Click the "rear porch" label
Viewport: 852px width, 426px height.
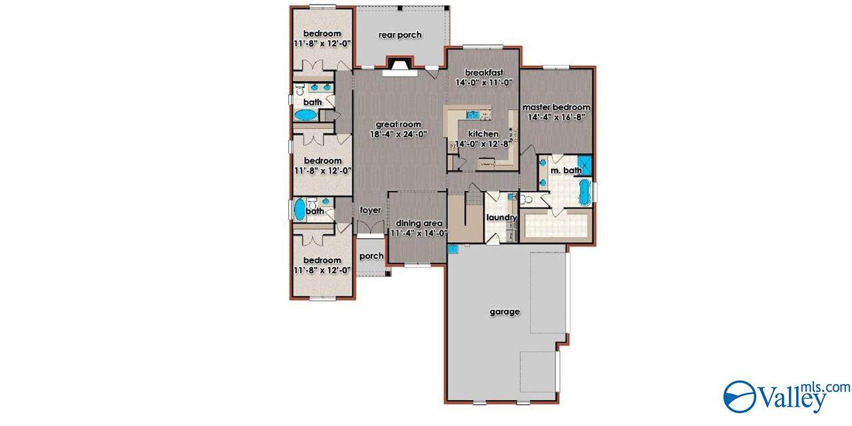[x=400, y=35]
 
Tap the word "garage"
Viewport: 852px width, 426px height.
[x=505, y=312]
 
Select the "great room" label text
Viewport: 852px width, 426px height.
[x=398, y=124]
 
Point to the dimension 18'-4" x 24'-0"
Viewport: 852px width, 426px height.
[x=399, y=134]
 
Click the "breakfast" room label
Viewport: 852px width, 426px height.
[x=484, y=73]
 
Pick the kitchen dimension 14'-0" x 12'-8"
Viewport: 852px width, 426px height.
[x=483, y=144]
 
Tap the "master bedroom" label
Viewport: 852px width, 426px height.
[x=556, y=107]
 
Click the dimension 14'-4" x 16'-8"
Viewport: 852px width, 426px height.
[x=556, y=117]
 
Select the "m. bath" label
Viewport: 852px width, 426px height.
[x=566, y=170]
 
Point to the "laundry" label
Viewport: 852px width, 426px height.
[x=502, y=218]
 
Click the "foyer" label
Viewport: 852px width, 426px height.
[x=371, y=210]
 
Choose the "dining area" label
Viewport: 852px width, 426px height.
[x=419, y=223]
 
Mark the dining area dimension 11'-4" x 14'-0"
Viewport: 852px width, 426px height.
[x=419, y=233]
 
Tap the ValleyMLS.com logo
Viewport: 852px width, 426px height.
[x=787, y=396]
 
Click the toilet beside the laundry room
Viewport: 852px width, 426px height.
[x=526, y=199]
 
